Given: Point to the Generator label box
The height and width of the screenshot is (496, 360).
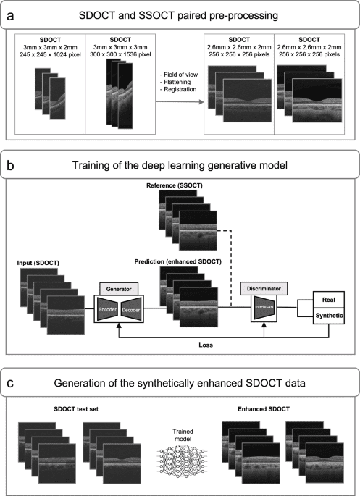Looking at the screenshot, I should tap(119, 287).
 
